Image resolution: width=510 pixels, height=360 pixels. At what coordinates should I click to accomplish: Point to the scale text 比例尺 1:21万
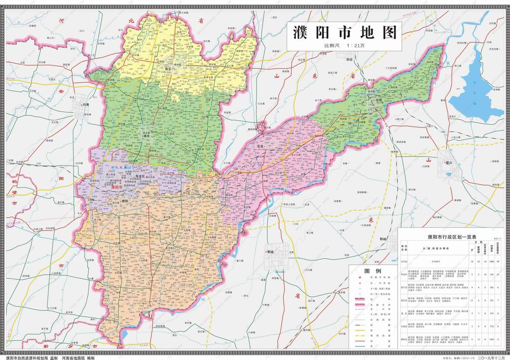(344, 45)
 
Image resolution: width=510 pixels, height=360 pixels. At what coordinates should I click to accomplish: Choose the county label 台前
(378, 101)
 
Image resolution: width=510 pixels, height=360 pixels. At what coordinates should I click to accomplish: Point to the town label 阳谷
(349, 60)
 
